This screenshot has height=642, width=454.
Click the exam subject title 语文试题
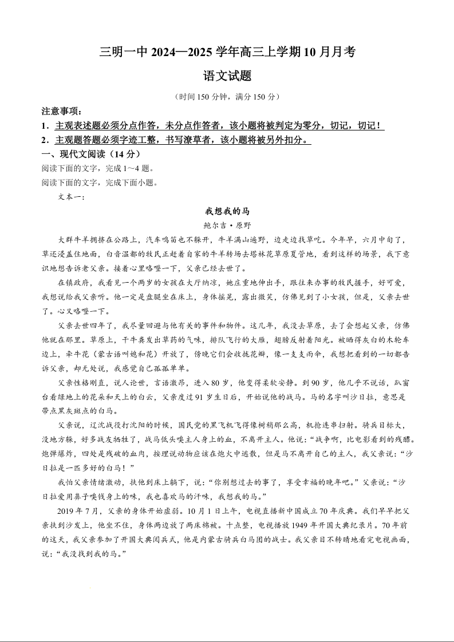(x=227, y=76)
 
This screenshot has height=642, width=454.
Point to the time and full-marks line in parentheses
(x=227, y=97)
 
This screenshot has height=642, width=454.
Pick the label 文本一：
(x=72, y=197)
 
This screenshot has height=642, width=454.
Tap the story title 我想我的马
(x=227, y=211)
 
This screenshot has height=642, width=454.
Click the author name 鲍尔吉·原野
(x=227, y=225)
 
